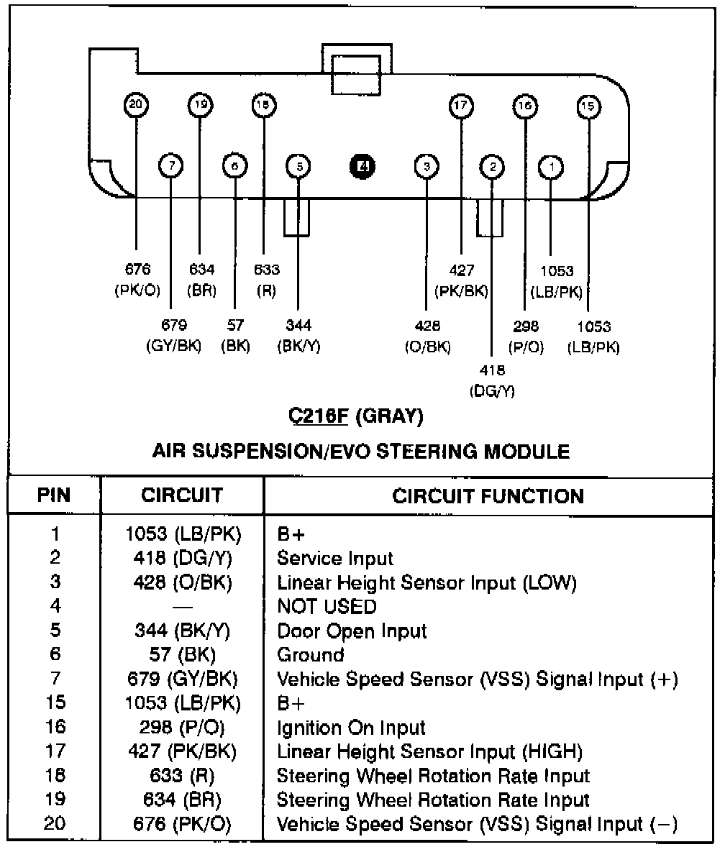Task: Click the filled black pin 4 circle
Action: click(363, 167)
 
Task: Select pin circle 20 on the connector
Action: click(135, 106)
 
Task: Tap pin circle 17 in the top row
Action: click(460, 106)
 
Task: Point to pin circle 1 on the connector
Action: click(551, 168)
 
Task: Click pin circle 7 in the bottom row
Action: click(171, 167)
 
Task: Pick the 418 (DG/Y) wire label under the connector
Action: click(492, 380)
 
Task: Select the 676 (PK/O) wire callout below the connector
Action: click(137, 280)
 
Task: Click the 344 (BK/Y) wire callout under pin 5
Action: click(298, 336)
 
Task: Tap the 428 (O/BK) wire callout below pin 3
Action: click(427, 336)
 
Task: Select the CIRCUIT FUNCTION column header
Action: click(488, 495)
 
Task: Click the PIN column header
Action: click(55, 495)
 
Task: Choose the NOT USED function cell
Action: click(327, 606)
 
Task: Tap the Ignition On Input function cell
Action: click(351, 728)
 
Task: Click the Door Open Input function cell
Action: click(352, 631)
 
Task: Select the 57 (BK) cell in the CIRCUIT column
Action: click(183, 654)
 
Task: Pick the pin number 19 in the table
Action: click(55, 800)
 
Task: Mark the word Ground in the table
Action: click(311, 654)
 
